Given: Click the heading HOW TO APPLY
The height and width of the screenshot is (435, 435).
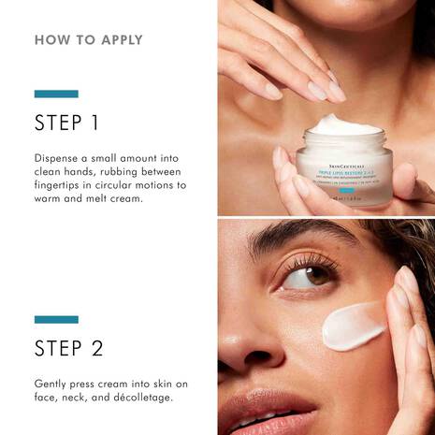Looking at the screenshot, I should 89,40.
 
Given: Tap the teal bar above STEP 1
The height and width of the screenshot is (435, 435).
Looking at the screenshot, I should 56,94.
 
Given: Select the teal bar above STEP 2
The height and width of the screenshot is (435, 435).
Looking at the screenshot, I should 56,319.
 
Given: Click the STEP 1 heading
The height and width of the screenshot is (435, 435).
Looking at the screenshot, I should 66,123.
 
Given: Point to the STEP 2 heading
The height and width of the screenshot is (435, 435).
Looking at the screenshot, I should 68,349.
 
